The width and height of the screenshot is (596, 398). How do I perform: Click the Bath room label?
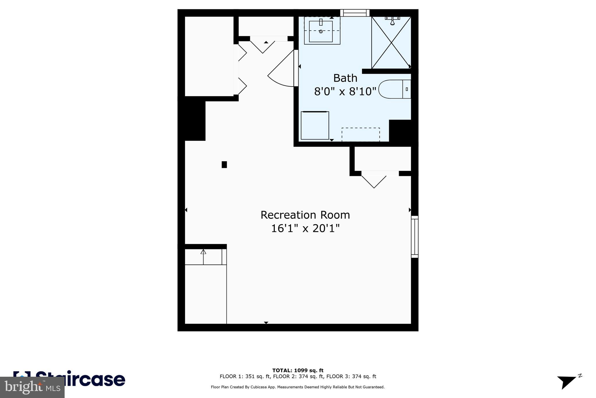(x=345, y=78)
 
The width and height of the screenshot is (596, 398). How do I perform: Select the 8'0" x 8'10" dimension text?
(x=345, y=92)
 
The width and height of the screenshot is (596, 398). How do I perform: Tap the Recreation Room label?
(x=305, y=215)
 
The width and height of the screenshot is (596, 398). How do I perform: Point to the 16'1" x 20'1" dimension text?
(x=305, y=228)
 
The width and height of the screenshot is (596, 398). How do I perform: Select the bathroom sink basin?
(x=321, y=31)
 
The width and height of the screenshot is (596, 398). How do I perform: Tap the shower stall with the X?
(x=391, y=43)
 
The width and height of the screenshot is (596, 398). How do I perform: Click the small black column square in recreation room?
(x=224, y=165)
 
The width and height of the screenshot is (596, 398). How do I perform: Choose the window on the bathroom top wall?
(x=355, y=13)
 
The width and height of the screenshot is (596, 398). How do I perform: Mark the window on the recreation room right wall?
(x=415, y=237)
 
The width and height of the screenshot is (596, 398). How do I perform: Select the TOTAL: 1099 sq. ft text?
(x=298, y=371)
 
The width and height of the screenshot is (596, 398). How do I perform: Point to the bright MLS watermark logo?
(x=32, y=387)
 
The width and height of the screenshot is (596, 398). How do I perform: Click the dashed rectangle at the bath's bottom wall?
(x=361, y=135)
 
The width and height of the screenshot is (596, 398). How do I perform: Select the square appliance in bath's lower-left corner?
(x=315, y=125)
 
